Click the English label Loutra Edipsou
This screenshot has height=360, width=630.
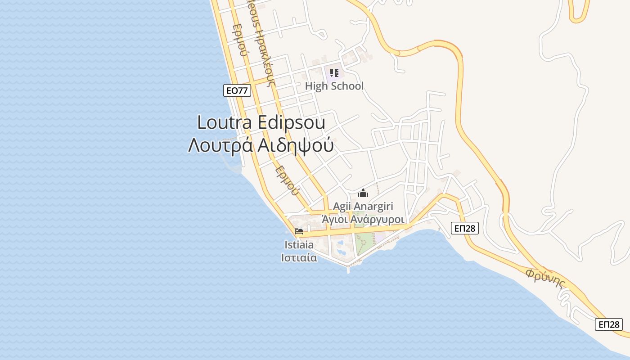coord(261,122)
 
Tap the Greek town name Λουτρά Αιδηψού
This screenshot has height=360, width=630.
coord(261,145)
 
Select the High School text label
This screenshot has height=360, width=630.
coord(334,86)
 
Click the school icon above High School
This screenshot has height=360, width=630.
coord(334,72)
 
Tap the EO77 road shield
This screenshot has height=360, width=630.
coord(237,90)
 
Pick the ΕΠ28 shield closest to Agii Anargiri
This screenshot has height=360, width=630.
coord(464,228)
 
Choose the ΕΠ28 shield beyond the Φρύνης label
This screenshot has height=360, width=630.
coord(608,324)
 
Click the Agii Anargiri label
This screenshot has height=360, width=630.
coord(363,207)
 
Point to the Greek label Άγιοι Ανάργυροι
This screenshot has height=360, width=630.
coord(363,219)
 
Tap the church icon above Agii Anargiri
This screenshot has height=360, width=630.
coord(363,193)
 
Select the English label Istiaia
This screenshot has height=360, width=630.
coord(299,245)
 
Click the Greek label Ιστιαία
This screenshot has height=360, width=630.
coord(299,258)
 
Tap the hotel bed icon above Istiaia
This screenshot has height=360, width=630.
coord(299,232)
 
